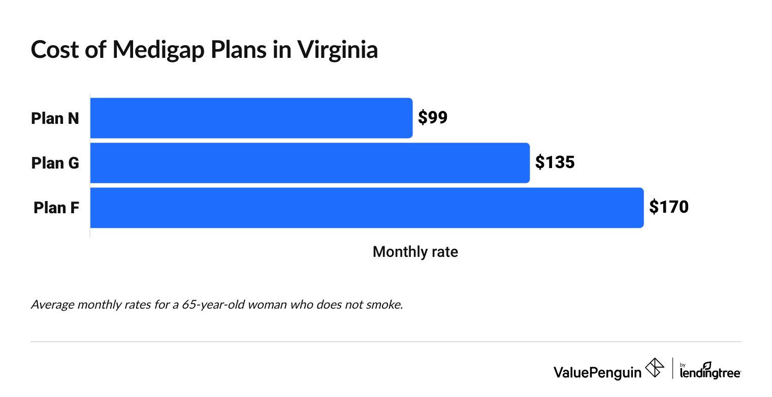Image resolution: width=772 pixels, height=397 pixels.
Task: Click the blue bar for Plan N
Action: [251, 118]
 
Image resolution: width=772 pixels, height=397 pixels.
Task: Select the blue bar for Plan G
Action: [310, 163]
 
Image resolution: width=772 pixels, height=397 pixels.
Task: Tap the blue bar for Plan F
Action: [367, 208]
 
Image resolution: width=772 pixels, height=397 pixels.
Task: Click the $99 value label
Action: [433, 118]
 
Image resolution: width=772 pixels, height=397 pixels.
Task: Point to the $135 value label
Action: [555, 163]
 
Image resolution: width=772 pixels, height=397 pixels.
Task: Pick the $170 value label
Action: [669, 208]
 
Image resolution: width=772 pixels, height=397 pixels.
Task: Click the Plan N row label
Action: [55, 118]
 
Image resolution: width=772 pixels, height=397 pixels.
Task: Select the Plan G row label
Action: [55, 163]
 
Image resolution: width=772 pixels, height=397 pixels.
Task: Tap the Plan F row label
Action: [56, 208]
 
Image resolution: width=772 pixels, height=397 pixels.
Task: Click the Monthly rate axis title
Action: [415, 252]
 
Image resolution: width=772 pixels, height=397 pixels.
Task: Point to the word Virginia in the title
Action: [338, 50]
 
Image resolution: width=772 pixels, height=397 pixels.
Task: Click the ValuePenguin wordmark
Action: [597, 372]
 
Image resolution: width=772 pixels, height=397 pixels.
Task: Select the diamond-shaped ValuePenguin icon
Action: [654, 368]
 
